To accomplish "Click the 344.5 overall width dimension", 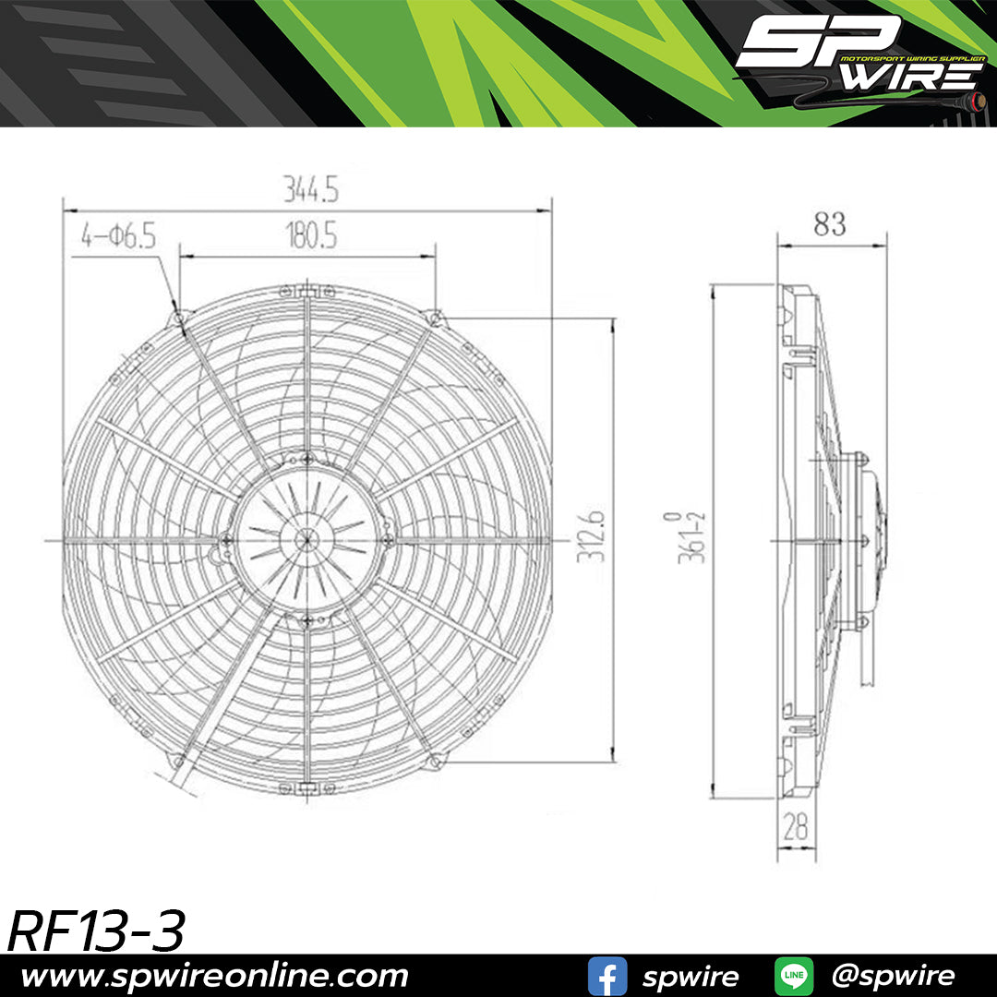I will (312, 190).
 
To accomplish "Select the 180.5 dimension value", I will (310, 236).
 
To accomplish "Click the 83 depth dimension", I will (829, 224).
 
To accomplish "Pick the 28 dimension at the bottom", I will (795, 827).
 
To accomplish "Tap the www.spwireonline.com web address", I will (214, 976).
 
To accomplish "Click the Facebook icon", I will (607, 976).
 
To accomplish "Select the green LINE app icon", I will (793, 976).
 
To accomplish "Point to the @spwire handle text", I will (893, 976).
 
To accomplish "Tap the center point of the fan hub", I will (306, 540).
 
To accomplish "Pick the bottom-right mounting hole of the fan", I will (435, 760).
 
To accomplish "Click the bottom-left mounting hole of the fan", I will (179, 760).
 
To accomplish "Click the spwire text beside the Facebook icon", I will (690, 976).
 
